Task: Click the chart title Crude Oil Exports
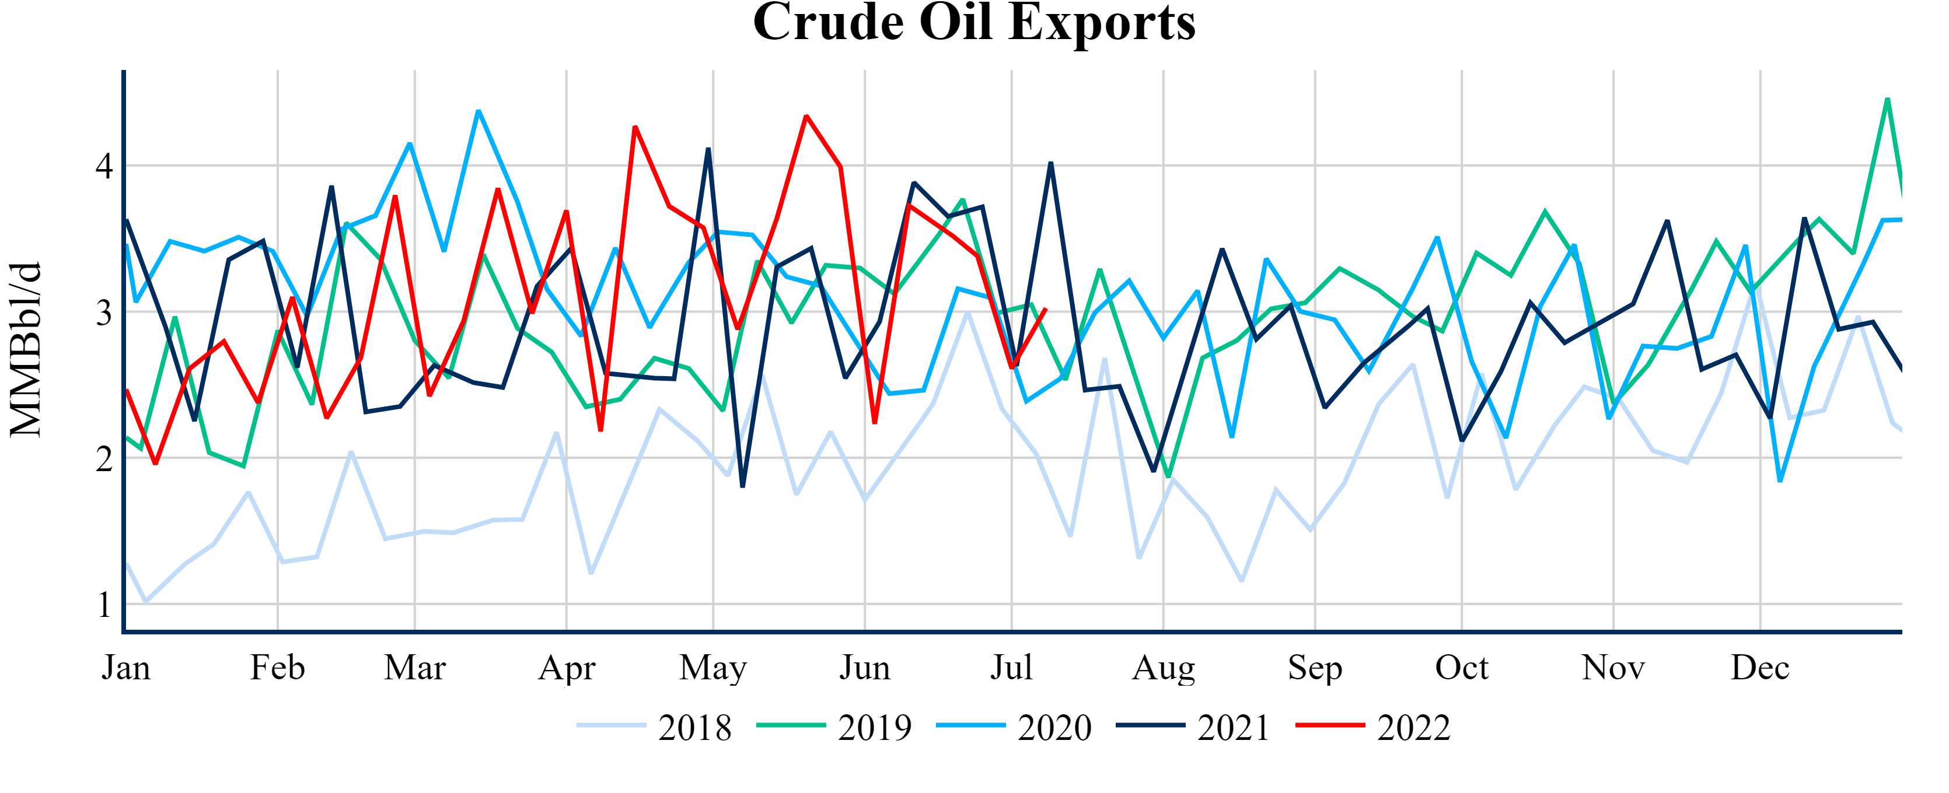click(x=974, y=23)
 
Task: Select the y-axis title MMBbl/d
click(x=26, y=349)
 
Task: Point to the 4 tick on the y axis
click(x=104, y=166)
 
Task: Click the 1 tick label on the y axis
click(x=104, y=605)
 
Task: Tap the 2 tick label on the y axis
click(x=104, y=458)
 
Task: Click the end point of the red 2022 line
click(x=1046, y=308)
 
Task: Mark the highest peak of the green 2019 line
click(x=1888, y=99)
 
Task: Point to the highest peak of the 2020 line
click(x=478, y=111)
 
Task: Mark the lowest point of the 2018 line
click(x=145, y=602)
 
